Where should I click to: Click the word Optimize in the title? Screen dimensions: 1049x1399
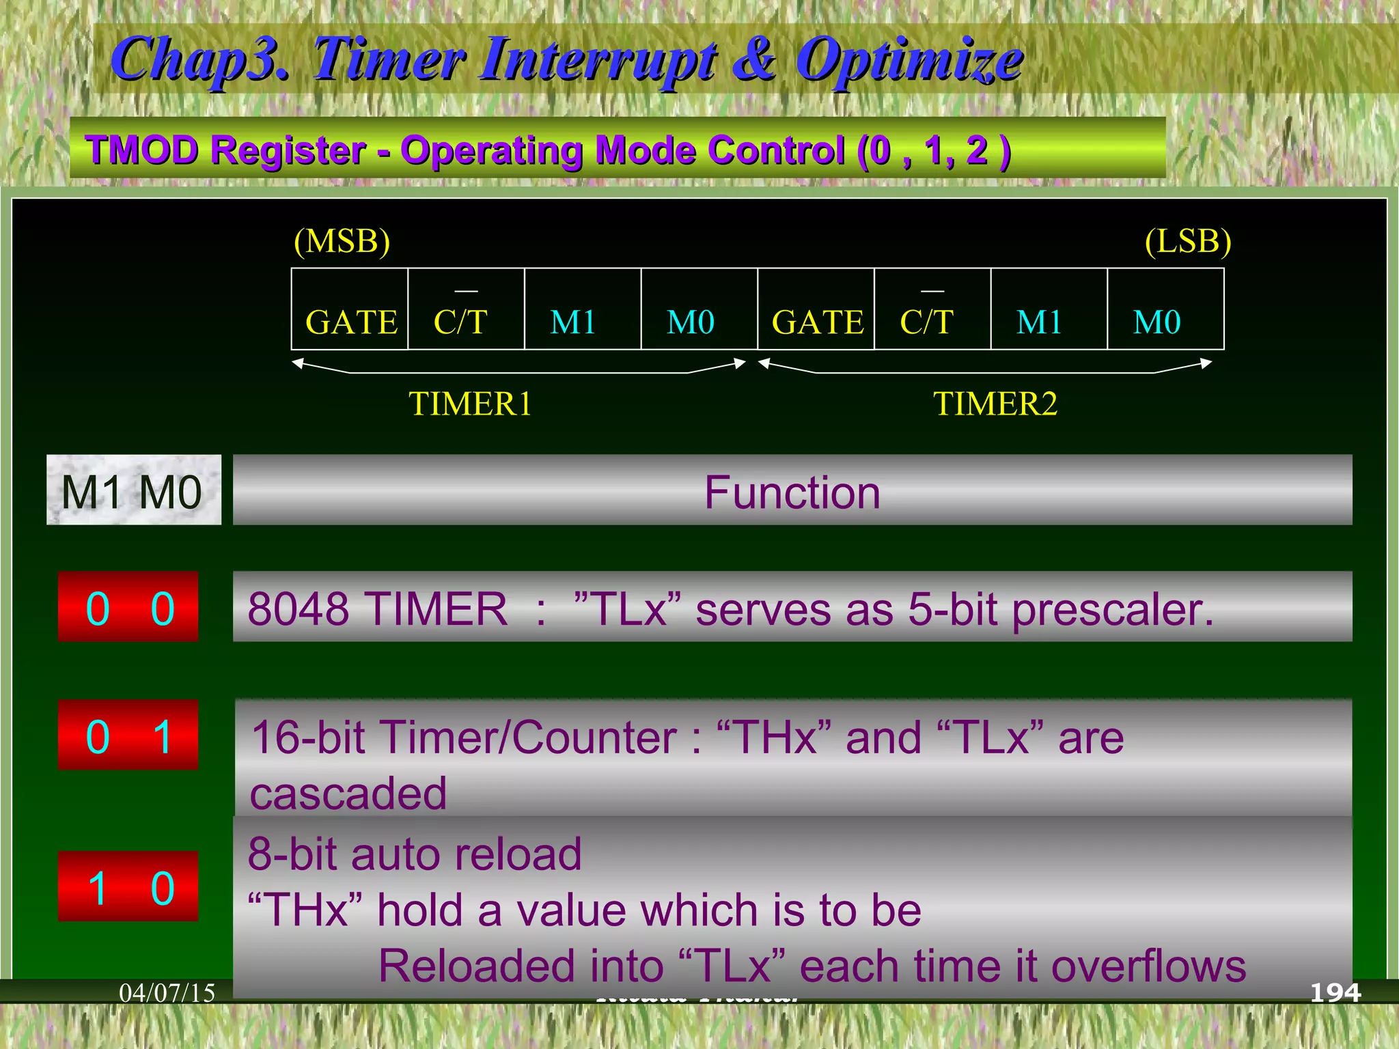click(x=909, y=60)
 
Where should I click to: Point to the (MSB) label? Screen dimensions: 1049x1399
click(x=342, y=241)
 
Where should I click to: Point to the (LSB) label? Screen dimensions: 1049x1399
click(x=1188, y=241)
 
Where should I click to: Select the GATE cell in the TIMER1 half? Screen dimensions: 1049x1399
click(x=350, y=309)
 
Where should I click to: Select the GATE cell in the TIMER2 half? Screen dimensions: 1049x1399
click(x=816, y=309)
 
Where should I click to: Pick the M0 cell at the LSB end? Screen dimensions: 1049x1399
click(x=1165, y=309)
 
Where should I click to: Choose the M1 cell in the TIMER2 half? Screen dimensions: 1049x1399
click(x=1048, y=309)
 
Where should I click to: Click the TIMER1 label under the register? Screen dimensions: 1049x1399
click(x=470, y=404)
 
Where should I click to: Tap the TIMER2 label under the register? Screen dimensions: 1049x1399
click(x=995, y=404)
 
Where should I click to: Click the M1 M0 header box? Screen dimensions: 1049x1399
click(x=133, y=490)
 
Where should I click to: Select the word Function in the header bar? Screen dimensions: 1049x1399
click(x=792, y=492)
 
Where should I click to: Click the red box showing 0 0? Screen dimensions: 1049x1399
click(x=128, y=607)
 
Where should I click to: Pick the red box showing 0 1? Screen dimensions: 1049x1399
click(x=128, y=736)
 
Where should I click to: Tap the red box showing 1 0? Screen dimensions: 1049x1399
click(x=128, y=886)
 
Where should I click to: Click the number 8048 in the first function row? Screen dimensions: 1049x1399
click(x=299, y=609)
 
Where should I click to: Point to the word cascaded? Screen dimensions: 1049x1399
click(x=348, y=793)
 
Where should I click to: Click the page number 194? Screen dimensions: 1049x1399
click(x=1335, y=992)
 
